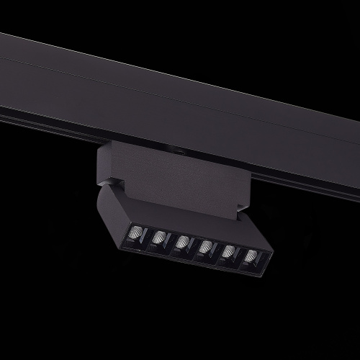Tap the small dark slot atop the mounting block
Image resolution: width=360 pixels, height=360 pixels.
(177, 151)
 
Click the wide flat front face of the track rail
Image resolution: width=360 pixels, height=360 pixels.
(180, 101)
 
